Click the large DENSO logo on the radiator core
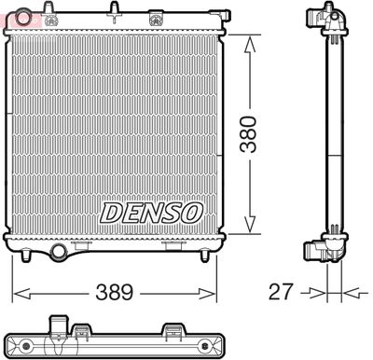pos(150,212)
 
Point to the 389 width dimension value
pos(114,292)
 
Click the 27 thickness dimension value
pos(280,292)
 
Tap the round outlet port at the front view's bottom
pos(59,250)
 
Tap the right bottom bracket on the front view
pos(173,245)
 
